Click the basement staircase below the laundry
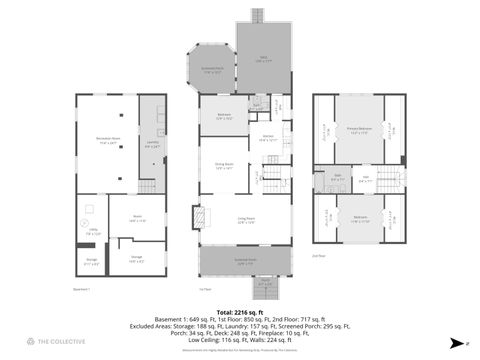[x=148, y=185]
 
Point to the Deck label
[x=264, y=58]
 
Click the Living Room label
[x=245, y=220]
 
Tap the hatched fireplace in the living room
[x=198, y=217]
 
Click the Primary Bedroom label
[x=359, y=131]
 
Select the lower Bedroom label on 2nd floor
[x=359, y=218]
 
